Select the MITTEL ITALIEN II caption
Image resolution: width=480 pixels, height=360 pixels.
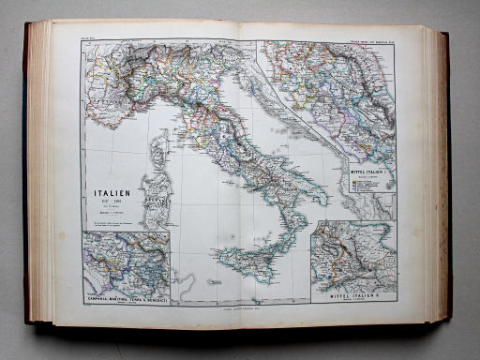point(355,297)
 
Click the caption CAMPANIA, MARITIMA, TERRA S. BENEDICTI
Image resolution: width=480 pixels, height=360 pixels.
point(126,298)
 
